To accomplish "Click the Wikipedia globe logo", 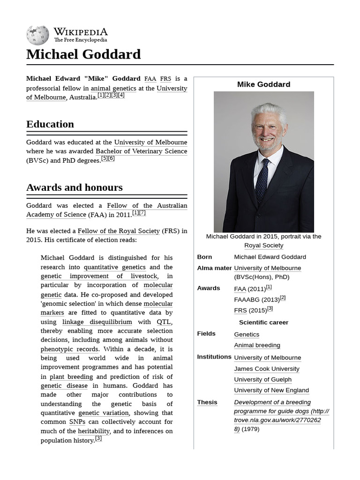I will (x=37, y=35).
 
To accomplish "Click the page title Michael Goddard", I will (x=83, y=54).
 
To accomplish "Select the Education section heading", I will (x=50, y=124).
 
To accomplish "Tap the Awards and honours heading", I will (x=74, y=187).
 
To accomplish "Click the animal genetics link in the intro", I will (x=113, y=88).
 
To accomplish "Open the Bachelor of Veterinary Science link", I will (x=141, y=151).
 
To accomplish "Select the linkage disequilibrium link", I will (x=97, y=322).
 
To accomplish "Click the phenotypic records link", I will (x=69, y=349).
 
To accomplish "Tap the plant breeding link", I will (x=71, y=376).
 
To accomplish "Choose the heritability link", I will (x=94, y=431).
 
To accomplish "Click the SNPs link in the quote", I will (x=77, y=422).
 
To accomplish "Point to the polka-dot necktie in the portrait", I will (x=262, y=180).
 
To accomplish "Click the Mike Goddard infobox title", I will (x=263, y=84).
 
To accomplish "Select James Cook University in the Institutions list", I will (x=266, y=368).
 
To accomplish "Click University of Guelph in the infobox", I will (x=262, y=379).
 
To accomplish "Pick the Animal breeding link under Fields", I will (x=257, y=345).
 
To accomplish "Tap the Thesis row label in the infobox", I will (x=207, y=402).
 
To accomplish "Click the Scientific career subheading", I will (x=263, y=322).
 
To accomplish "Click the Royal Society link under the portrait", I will (x=263, y=245).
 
